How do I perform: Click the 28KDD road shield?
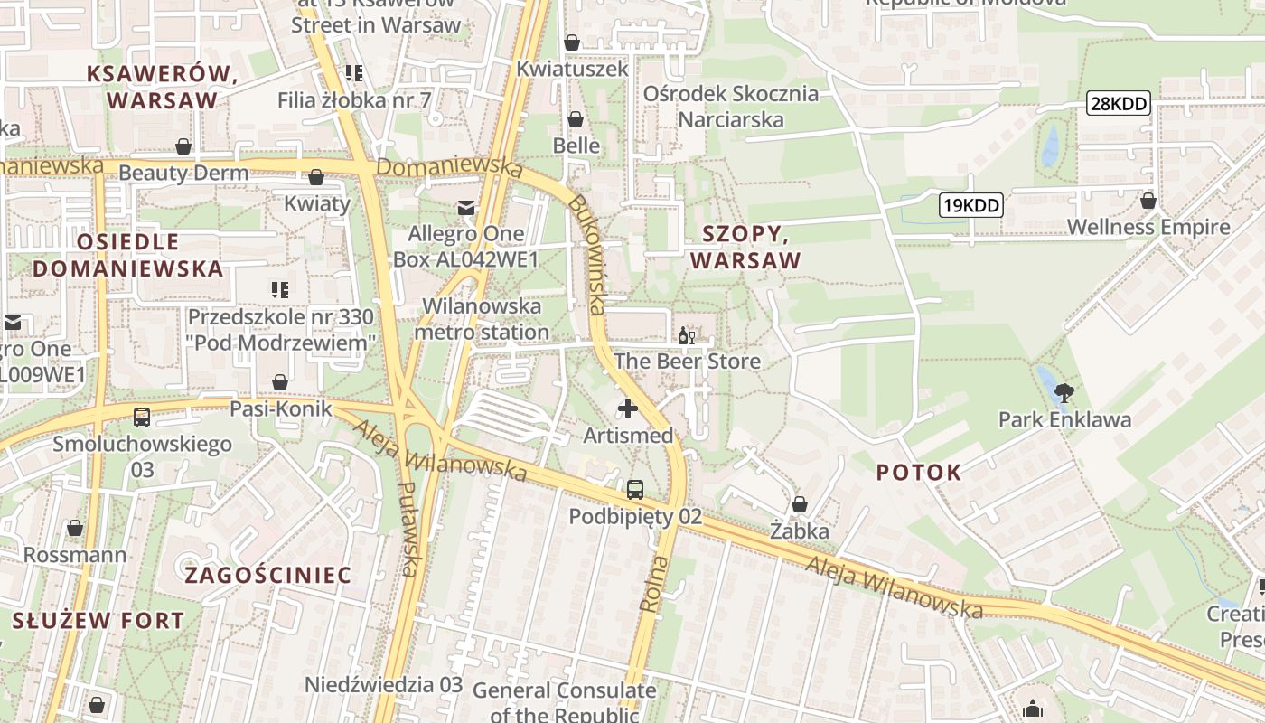click(x=1119, y=103)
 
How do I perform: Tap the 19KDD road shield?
click(x=971, y=205)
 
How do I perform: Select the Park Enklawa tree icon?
click(x=1064, y=393)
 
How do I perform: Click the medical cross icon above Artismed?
click(x=628, y=408)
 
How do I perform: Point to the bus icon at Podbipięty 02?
click(x=635, y=490)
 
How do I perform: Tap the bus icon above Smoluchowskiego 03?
click(x=142, y=417)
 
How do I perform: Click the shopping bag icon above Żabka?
click(x=799, y=504)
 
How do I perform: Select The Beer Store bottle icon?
click(x=687, y=336)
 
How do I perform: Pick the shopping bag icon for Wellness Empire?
click(x=1148, y=201)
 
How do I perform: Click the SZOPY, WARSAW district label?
click(x=745, y=247)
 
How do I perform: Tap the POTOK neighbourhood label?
click(x=919, y=472)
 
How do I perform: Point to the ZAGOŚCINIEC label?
click(x=268, y=575)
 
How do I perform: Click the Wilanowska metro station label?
click(x=482, y=319)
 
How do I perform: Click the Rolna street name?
click(x=656, y=584)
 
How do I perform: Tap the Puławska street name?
click(x=409, y=529)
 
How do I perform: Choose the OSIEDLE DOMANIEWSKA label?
click(x=128, y=255)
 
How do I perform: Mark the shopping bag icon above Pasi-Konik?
click(x=280, y=382)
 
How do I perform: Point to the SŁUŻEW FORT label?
click(x=98, y=621)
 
